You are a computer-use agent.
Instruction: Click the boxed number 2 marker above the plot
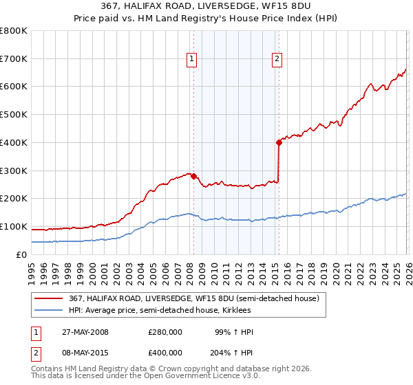click(x=277, y=60)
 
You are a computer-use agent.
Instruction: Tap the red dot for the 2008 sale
click(x=193, y=175)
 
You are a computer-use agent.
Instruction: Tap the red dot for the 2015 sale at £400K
click(x=279, y=142)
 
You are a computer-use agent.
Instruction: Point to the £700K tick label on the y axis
click(x=14, y=58)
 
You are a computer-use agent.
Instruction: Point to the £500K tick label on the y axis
click(x=14, y=115)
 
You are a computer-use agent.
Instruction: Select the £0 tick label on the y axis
click(x=21, y=254)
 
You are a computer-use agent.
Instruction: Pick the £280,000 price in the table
click(x=165, y=332)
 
